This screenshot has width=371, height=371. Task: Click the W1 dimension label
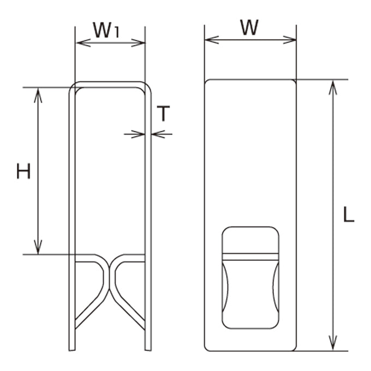pos(106,30)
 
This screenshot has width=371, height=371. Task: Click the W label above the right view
pos(250,28)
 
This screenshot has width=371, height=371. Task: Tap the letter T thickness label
pos(163,113)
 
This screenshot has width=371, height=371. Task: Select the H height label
pos(23,171)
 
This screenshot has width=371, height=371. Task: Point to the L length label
pos(349,214)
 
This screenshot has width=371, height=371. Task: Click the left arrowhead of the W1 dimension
pos(82,43)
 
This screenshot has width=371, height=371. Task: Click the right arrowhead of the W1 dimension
pos(138,43)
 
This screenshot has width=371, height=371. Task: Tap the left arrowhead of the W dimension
pos(212,40)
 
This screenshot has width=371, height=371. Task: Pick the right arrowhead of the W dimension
pos(289,40)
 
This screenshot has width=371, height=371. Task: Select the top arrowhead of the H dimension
pos(38,95)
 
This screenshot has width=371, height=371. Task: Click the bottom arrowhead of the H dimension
pos(38,247)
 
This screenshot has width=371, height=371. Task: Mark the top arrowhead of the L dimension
pos(333,87)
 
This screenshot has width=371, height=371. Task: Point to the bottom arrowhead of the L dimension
pos(333,343)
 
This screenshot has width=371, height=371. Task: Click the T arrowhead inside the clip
pos(138,134)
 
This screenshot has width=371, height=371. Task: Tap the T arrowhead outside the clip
pos(158,134)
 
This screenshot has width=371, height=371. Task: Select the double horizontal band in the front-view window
pos(250,257)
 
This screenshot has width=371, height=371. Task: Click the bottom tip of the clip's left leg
pos(72,350)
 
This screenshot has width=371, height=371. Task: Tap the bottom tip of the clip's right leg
pos(148,350)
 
